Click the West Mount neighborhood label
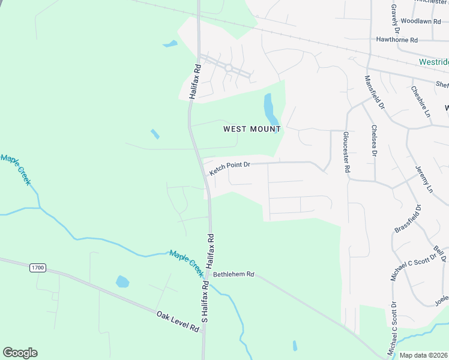252,129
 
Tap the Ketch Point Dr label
229,167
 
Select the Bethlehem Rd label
234,274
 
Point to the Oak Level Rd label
178,321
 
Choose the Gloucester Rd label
346,152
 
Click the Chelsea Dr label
374,141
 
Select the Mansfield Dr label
374,91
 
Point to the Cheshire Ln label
421,101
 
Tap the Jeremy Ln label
423,179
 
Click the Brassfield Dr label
408,220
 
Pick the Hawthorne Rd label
396,40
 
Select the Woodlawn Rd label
417,20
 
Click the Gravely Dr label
395,18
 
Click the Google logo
20,353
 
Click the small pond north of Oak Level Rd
122,281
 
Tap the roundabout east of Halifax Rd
228,68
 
